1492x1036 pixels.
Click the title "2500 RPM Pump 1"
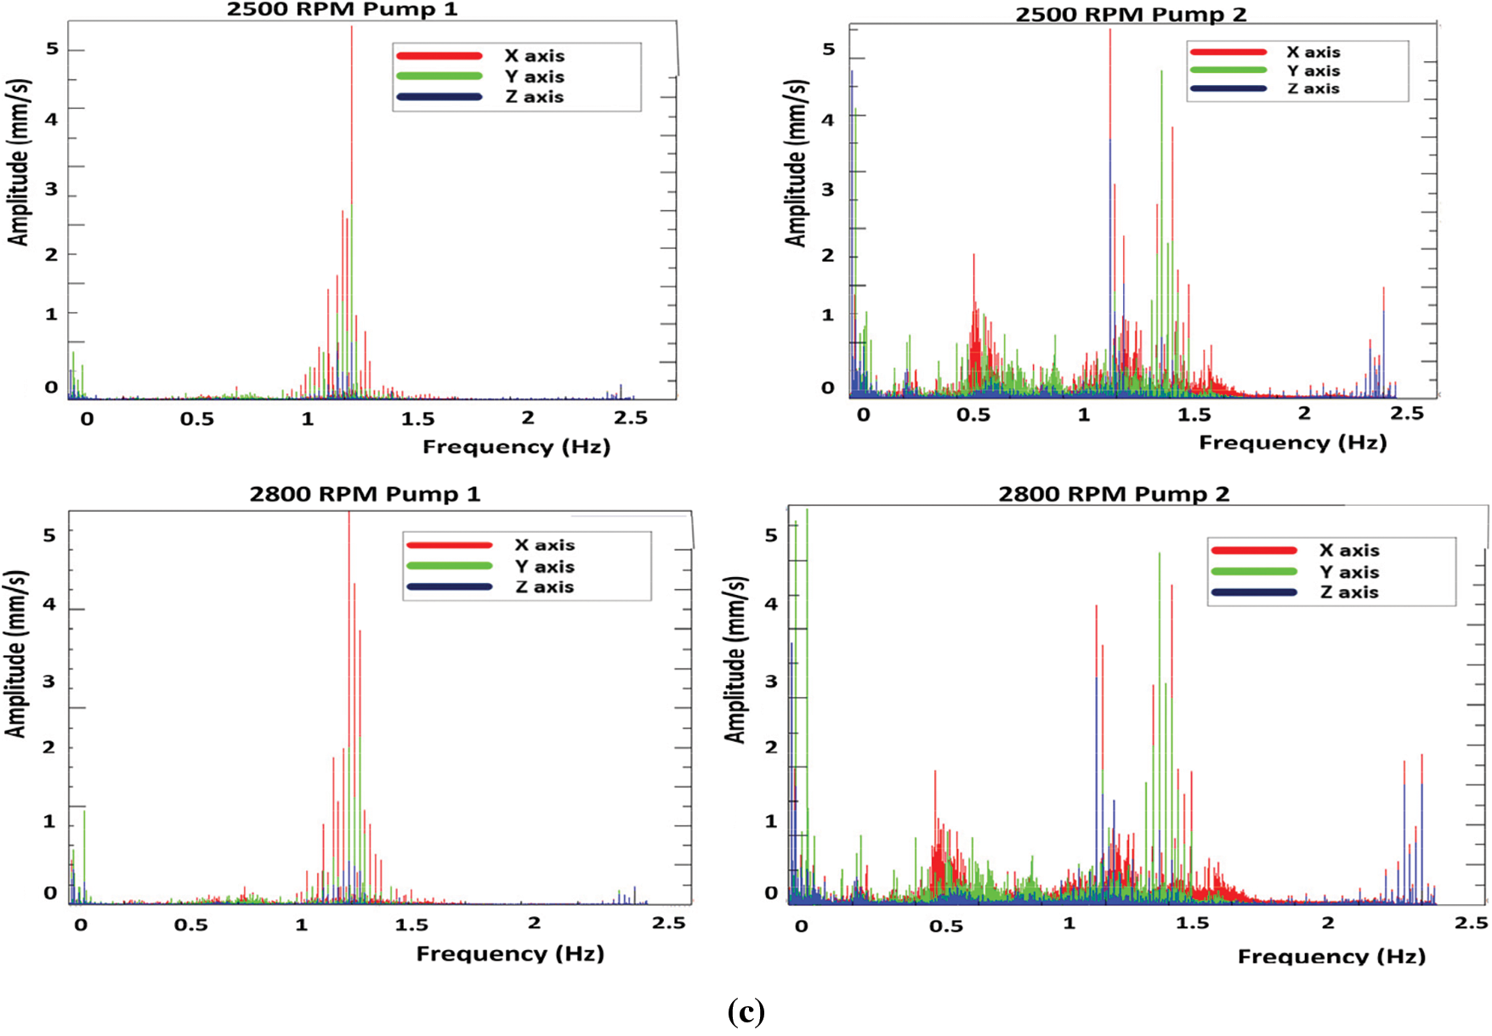342,10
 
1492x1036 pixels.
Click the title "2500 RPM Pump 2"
1131,14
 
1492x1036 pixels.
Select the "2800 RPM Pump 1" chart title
365,494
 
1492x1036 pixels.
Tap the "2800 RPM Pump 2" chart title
1114,494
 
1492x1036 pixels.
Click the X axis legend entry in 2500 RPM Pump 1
534,56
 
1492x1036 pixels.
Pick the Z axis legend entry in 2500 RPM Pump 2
1313,88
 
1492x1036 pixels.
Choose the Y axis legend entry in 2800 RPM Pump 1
544,566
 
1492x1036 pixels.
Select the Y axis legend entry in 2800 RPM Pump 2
1349,572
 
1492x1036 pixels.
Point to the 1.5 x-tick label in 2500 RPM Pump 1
417,419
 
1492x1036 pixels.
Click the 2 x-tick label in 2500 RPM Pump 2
1304,413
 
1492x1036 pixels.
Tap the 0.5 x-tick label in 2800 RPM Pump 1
191,925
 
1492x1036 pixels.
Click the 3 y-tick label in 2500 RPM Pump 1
52,189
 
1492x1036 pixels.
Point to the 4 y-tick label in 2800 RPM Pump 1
50,604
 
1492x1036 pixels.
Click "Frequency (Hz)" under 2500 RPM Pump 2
1292,443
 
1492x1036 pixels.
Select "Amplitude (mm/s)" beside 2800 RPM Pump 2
735,660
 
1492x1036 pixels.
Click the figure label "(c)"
746,1011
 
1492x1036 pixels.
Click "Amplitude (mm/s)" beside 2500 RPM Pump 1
19,162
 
